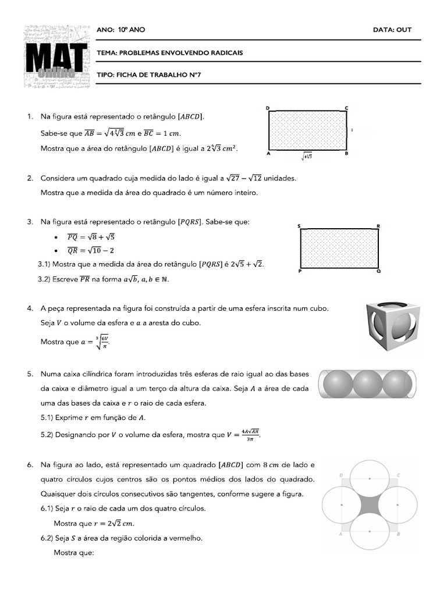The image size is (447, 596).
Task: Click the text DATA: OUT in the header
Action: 392,30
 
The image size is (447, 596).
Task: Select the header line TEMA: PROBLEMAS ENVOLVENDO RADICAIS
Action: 170,53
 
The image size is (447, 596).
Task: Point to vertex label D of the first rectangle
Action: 267,108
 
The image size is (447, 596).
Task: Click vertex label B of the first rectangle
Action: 346,154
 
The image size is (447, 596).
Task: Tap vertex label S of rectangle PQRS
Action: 299,225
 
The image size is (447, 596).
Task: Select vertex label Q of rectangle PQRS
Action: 378,271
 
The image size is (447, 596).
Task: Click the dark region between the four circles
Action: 369,505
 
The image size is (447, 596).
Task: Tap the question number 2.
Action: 29,178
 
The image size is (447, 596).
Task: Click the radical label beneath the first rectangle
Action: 306,157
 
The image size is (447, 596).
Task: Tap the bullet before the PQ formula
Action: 55,237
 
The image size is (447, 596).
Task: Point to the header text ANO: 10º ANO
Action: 121,30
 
